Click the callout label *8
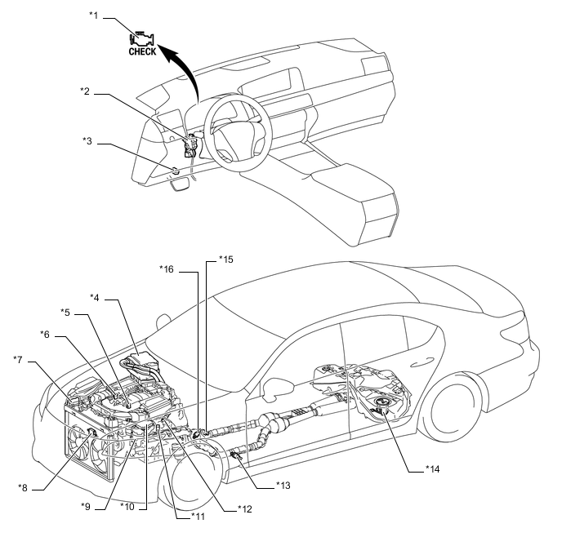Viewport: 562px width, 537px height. pyautogui.click(x=24, y=487)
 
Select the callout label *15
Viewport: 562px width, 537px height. pyautogui.click(x=225, y=260)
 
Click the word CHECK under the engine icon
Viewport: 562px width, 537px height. pyautogui.click(x=142, y=51)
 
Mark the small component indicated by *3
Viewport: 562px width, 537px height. pyautogui.click(x=176, y=171)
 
